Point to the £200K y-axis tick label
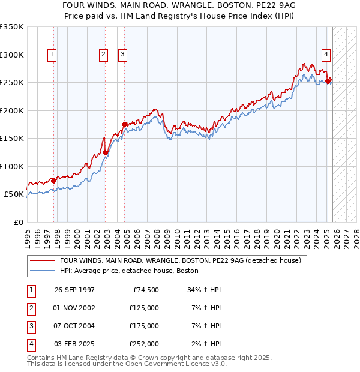pos(12,110)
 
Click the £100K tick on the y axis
pos(12,166)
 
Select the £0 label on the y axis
pos(18,222)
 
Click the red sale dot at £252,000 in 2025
pos(328,82)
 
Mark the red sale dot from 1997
pos(53,181)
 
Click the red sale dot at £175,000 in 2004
pos(124,124)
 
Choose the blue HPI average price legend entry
pos(129,271)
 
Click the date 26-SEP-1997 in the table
pos(74,290)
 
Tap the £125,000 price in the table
pos(144,308)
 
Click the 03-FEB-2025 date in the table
pos(74,344)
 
